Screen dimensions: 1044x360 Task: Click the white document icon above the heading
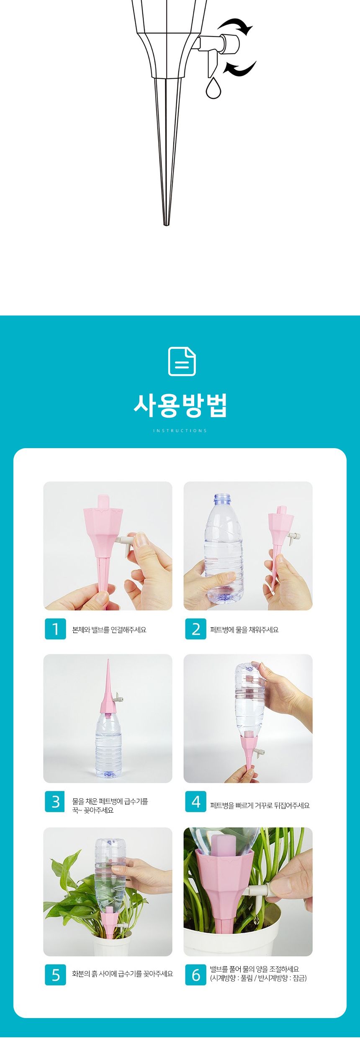pos(182,362)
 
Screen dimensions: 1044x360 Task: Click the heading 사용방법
pos(180,405)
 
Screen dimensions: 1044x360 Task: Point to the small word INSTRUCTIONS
pos(180,431)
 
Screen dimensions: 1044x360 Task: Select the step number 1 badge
pos(55,629)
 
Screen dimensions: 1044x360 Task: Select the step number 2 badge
pos(195,629)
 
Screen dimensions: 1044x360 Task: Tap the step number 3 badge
pos(55,802)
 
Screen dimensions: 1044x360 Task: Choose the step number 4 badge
pos(195,802)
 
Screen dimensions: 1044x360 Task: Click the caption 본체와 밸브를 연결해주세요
pos(109,630)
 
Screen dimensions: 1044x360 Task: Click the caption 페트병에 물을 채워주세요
pos(244,630)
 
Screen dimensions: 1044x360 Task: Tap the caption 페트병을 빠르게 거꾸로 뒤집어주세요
pos(260,805)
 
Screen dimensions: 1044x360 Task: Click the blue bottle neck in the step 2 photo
pos(222,499)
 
